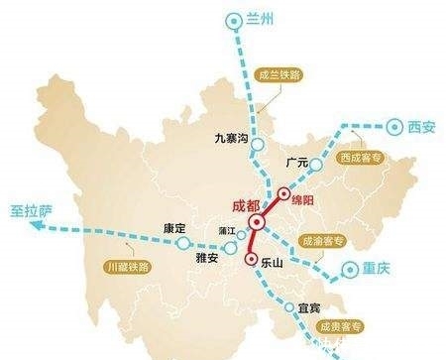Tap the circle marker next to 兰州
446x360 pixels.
click(x=233, y=20)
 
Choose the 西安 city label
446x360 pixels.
click(x=420, y=126)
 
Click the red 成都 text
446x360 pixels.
click(x=245, y=205)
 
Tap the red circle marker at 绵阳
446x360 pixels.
click(x=283, y=194)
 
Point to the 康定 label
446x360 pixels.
click(x=174, y=229)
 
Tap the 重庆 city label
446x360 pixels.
click(x=377, y=268)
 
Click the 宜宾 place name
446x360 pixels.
click(x=309, y=307)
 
